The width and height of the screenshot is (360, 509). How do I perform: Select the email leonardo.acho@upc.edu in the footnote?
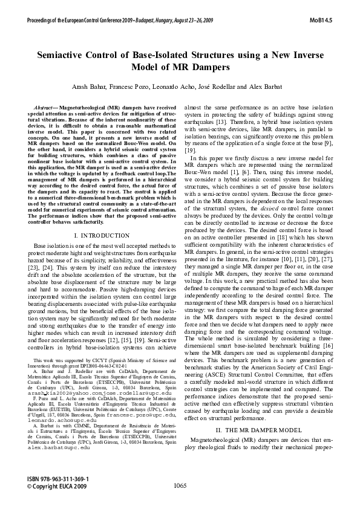[x=57, y=420]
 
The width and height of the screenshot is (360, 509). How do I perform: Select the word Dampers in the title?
[x=208, y=66]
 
